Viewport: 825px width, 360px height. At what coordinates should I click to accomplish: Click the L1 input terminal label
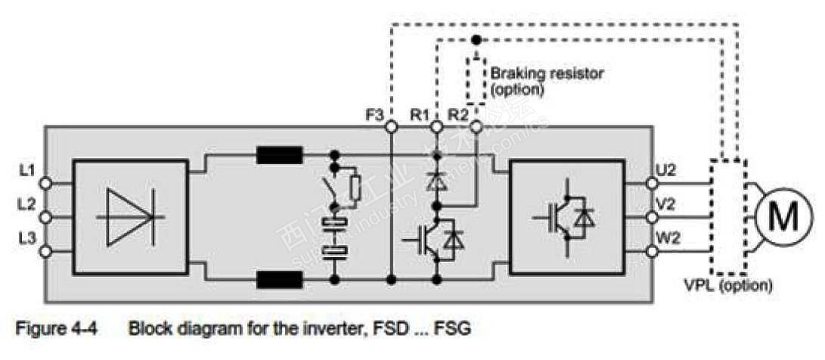(26, 169)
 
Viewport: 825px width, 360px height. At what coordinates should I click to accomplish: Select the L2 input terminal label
(26, 203)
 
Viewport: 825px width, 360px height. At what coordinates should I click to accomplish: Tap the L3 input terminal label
(26, 237)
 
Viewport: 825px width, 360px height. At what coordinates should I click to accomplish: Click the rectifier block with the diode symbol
(130, 216)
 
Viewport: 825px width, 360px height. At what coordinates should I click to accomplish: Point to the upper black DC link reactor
(280, 157)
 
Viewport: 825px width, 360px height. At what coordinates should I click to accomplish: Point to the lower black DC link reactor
(280, 280)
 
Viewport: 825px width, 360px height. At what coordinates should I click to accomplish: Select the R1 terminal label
(420, 115)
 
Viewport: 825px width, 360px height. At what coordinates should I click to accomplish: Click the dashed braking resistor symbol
(476, 79)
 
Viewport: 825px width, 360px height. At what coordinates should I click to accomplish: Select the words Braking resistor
(547, 73)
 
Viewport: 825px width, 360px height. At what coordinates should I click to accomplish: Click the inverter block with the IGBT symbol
(567, 216)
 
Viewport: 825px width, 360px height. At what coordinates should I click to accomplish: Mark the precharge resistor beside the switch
(355, 187)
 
